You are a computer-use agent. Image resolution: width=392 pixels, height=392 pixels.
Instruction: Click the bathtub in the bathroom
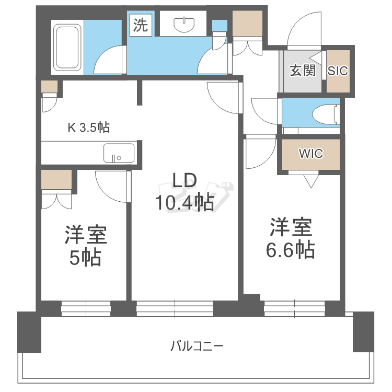click(x=67, y=47)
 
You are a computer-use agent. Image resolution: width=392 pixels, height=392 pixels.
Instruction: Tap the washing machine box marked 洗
click(x=141, y=25)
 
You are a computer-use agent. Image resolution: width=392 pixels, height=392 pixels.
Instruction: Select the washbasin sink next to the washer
click(x=185, y=25)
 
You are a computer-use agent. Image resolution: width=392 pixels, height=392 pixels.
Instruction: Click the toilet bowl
click(x=326, y=114)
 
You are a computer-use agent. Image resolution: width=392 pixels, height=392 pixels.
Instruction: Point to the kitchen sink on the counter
click(x=119, y=153)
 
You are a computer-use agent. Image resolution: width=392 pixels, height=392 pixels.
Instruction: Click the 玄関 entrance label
click(x=303, y=71)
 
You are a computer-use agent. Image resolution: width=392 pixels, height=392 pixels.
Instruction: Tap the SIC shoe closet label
click(x=338, y=71)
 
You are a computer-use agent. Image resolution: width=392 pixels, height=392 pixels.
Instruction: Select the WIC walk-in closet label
click(x=311, y=154)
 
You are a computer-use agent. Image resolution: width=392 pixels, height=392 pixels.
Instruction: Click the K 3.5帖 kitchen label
click(x=89, y=127)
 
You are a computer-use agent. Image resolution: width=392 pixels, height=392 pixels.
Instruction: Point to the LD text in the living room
click(x=185, y=181)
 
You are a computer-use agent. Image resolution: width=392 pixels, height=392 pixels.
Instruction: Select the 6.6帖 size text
click(x=290, y=249)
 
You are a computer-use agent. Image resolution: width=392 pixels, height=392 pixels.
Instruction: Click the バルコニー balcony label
click(x=197, y=346)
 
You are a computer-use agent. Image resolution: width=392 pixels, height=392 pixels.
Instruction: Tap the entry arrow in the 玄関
click(x=316, y=58)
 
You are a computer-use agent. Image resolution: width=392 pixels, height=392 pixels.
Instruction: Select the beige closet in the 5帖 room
click(x=56, y=179)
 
